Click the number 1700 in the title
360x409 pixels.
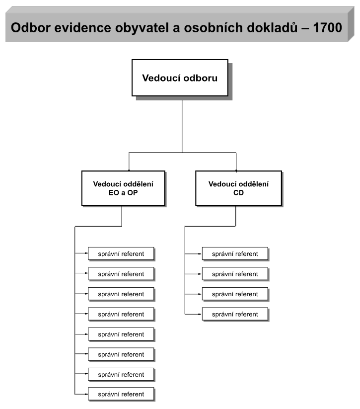327,28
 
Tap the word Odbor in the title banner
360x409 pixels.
30,28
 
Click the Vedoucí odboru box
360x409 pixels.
180,78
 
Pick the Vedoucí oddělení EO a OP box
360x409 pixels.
123,188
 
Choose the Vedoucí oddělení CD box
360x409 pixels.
238,188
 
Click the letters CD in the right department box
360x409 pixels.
238,193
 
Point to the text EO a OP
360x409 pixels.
123,193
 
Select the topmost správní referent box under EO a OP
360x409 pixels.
121,254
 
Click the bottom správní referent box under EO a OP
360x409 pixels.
121,394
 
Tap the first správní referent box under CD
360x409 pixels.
235,254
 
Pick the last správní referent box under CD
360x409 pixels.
235,314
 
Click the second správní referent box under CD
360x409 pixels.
235,274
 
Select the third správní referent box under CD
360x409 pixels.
235,294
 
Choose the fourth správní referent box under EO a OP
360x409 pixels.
121,314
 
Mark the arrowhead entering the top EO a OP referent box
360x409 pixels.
86,253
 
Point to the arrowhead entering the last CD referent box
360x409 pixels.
200,314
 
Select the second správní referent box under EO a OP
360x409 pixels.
121,274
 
